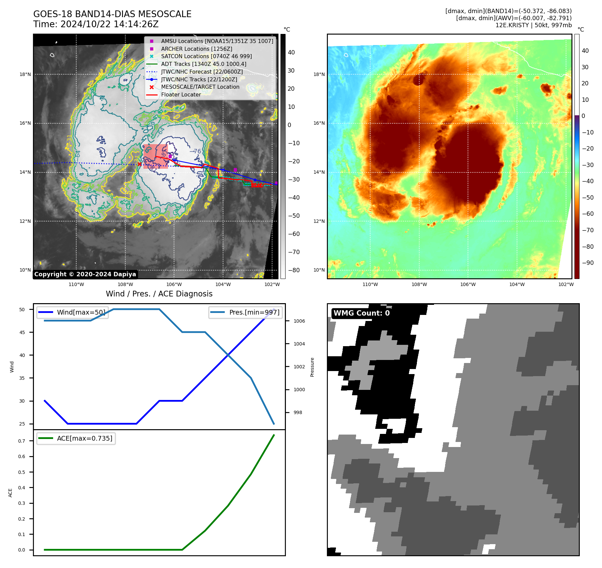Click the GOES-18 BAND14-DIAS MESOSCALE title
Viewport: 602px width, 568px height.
click(x=112, y=14)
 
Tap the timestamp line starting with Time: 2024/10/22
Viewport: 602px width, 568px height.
click(x=96, y=24)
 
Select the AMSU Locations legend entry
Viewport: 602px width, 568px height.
click(x=217, y=41)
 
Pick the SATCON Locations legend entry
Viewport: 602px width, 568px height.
click(x=206, y=56)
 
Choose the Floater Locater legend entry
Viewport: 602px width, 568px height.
click(x=181, y=94)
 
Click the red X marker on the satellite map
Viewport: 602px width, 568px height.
click(x=139, y=164)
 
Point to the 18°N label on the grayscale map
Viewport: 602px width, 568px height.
click(x=25, y=74)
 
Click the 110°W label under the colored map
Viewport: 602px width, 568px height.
click(x=370, y=284)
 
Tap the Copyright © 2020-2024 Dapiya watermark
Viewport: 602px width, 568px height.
click(x=85, y=274)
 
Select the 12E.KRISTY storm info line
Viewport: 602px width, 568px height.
click(x=533, y=25)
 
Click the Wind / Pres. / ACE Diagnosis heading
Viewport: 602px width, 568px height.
click(x=159, y=294)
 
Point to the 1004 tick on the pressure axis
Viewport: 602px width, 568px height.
click(x=299, y=344)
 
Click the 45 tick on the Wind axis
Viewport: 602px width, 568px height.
click(x=22, y=332)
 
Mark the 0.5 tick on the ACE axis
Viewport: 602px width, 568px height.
click(x=21, y=472)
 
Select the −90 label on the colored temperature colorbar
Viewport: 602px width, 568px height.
click(x=588, y=263)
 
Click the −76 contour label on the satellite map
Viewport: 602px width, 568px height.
click(x=195, y=151)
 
